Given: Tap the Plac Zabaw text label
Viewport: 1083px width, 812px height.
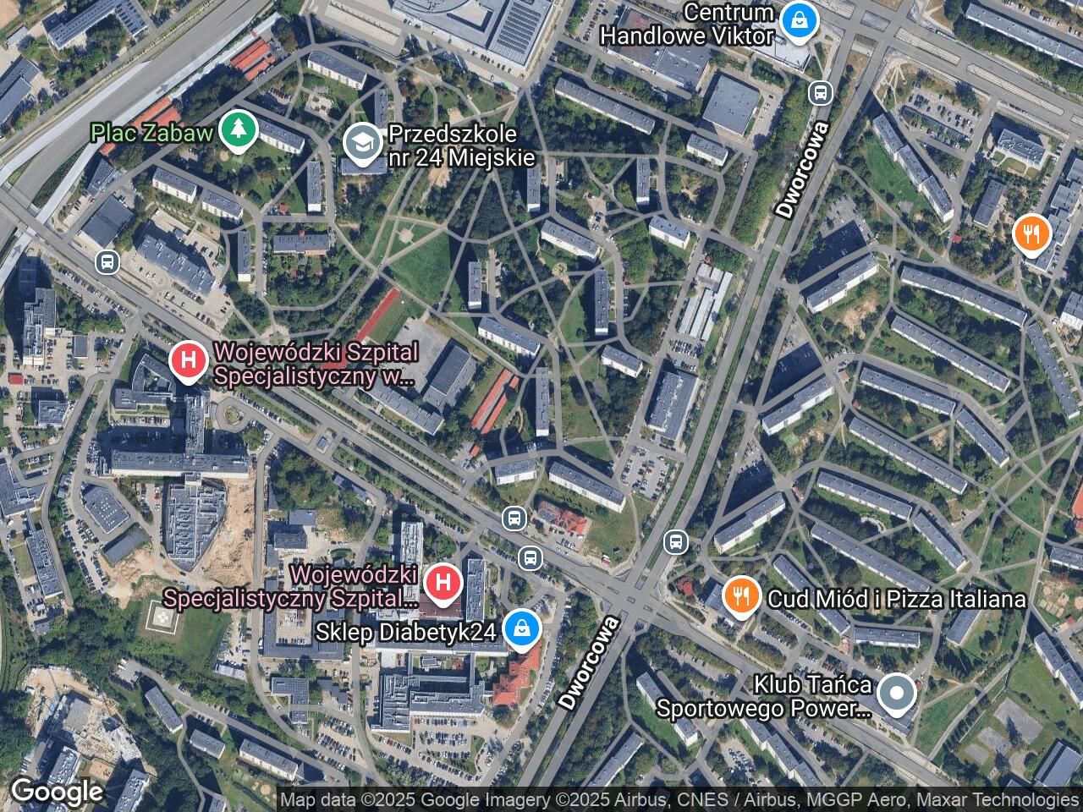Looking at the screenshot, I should (x=152, y=132).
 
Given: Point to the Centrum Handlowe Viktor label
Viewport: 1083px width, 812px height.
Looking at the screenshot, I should (x=687, y=25).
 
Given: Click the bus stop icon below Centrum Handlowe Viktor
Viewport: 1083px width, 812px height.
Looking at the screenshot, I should (x=819, y=92).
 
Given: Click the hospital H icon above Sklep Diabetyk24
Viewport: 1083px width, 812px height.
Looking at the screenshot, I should (x=442, y=582).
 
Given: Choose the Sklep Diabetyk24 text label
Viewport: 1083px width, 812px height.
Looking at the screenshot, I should (x=405, y=632).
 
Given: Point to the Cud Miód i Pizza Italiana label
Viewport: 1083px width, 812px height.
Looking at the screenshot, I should (x=896, y=599).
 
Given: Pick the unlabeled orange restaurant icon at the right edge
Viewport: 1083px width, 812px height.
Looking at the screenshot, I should (x=1031, y=233).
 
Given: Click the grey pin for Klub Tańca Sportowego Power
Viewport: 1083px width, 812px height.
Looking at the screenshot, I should (x=895, y=695).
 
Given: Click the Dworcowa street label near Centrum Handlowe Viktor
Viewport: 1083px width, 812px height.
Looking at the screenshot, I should (x=801, y=170).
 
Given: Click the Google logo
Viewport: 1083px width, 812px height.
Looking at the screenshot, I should (x=57, y=792).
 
